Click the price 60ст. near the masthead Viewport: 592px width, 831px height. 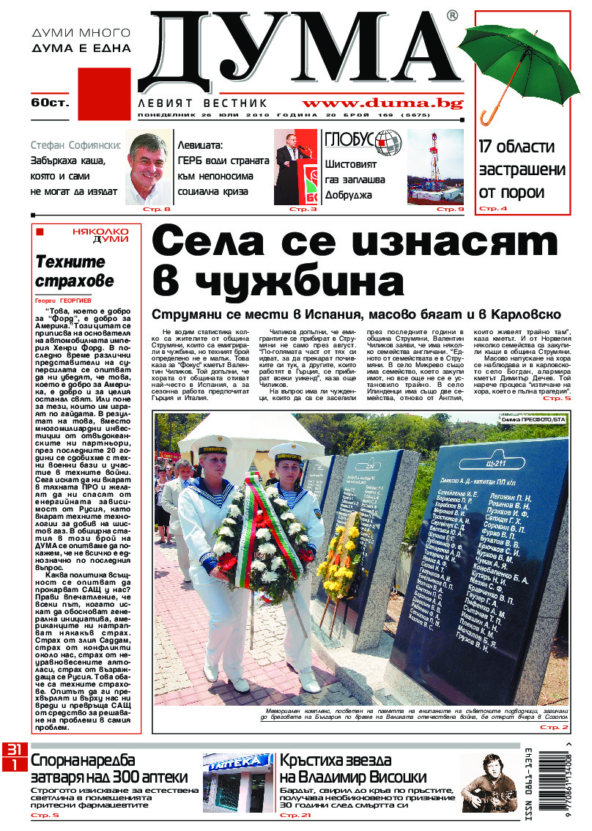point(50,103)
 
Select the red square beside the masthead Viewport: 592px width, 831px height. point(103,94)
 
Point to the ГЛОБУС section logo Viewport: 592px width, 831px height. point(363,141)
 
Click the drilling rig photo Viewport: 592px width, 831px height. point(435,166)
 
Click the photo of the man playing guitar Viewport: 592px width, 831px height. point(486,782)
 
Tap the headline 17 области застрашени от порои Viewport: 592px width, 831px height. point(522,169)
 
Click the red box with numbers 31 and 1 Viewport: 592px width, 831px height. point(14,756)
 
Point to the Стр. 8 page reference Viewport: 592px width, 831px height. point(158,210)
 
